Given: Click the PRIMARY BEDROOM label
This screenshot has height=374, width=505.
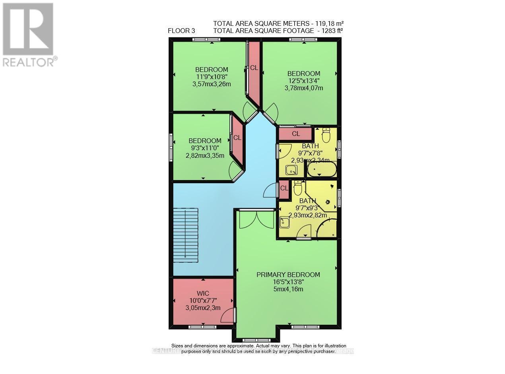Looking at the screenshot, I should [288, 275].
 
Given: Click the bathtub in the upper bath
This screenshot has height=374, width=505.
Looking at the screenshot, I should [322, 170].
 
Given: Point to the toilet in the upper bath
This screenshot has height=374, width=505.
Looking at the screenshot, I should [326, 136].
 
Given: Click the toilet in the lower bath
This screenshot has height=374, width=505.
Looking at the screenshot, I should [297, 188].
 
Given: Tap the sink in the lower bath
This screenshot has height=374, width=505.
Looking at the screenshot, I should [285, 223].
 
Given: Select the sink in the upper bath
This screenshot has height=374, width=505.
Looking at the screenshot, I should [292, 171].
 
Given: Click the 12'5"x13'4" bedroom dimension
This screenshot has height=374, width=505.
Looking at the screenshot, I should [303, 81].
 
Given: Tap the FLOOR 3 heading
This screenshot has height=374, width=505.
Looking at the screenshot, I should [181, 31].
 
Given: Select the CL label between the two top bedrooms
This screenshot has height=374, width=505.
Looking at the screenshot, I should [254, 68].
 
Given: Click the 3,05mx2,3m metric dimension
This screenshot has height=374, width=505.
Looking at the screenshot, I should [203, 308].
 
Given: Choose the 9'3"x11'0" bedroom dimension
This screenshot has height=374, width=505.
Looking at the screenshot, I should [205, 148].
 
